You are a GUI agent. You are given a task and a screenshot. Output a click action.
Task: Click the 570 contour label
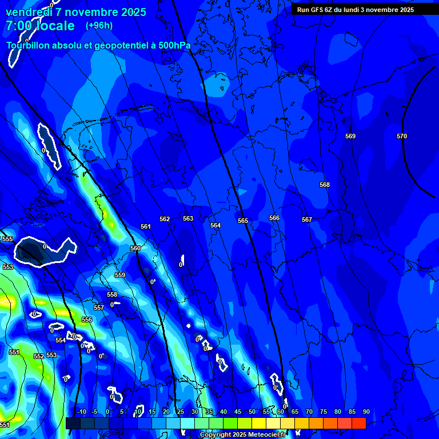(402, 136)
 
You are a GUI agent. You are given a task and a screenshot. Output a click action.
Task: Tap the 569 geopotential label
(350, 136)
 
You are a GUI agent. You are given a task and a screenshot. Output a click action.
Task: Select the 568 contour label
(325, 185)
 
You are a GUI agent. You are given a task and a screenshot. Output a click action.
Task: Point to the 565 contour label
(243, 221)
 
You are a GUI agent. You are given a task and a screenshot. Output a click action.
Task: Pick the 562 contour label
(165, 219)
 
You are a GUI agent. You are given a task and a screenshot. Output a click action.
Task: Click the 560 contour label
(135, 248)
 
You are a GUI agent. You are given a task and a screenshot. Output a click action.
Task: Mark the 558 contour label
(112, 294)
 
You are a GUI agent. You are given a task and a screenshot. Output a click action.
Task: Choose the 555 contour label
(7, 239)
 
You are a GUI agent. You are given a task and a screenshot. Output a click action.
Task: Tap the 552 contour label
(39, 356)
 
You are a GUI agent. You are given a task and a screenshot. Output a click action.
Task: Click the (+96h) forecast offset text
(99, 26)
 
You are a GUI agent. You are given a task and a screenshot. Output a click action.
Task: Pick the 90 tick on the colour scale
(366, 412)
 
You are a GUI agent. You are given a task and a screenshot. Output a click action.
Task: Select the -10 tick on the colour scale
(81, 412)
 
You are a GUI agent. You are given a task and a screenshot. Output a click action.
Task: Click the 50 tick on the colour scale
(252, 412)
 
